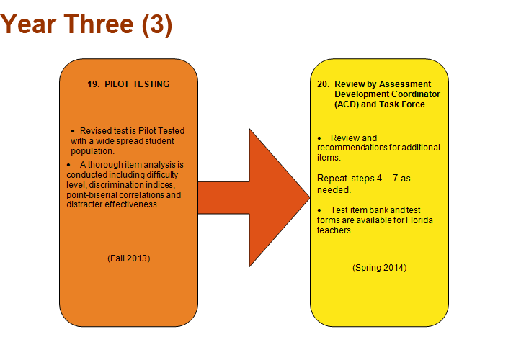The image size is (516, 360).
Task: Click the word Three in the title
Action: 99,24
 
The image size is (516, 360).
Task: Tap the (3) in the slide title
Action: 157,25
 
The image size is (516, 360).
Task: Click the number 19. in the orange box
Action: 94,84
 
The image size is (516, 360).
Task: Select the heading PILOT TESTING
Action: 137,84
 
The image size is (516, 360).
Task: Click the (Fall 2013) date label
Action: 129,258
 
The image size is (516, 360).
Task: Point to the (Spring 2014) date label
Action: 379,268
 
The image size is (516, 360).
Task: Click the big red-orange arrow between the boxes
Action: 254,197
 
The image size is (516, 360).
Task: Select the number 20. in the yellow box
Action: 323,84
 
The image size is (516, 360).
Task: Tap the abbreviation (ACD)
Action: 347,104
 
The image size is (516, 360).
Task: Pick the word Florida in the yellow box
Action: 419,220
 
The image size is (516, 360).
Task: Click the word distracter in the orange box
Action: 84,204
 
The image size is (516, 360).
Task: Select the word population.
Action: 92,151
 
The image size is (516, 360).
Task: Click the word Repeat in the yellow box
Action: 332,179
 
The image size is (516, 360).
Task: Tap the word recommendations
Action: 352,148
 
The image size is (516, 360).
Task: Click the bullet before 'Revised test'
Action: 73,131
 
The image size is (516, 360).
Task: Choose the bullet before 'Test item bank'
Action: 319,210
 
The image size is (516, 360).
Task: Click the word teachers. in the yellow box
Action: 334,230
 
